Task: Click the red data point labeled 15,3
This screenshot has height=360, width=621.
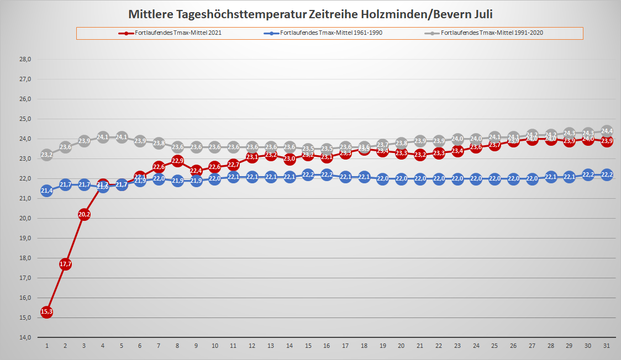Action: click(x=46, y=311)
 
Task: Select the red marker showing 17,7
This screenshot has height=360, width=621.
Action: click(x=65, y=264)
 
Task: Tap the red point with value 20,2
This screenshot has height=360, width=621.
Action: click(x=84, y=214)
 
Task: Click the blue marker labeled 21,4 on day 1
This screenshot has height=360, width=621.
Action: click(x=46, y=190)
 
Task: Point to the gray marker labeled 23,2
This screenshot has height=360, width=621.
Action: click(x=46, y=155)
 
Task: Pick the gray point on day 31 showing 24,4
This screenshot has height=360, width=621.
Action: click(x=607, y=131)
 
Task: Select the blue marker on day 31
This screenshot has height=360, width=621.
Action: click(x=607, y=174)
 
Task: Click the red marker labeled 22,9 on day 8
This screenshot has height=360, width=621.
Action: click(x=177, y=161)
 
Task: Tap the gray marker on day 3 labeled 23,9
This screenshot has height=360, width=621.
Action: click(x=84, y=141)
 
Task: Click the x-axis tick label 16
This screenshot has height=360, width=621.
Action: click(x=327, y=346)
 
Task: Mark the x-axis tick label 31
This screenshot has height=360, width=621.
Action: click(x=607, y=346)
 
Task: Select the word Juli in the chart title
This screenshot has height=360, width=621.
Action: click(x=482, y=13)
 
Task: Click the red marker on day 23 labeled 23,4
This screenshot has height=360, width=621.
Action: click(x=457, y=151)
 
